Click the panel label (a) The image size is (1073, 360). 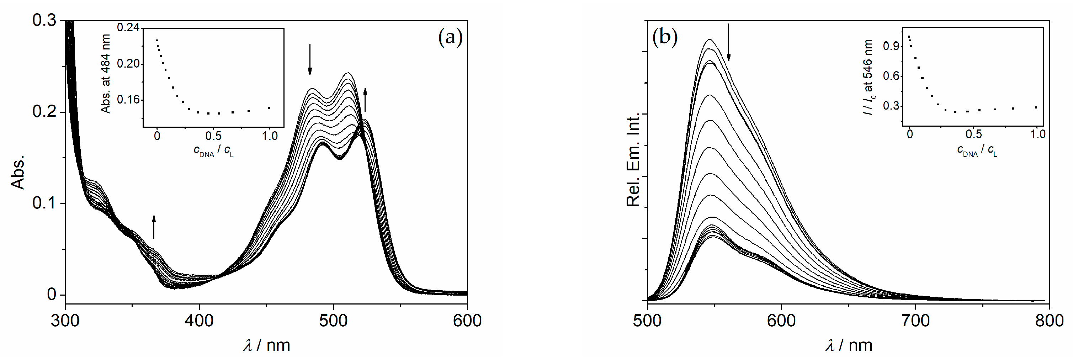450,38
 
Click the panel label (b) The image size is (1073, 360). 665,37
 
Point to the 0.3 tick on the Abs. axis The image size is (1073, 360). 44,20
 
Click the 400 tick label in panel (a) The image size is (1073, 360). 199,321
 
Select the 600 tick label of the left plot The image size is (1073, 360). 467,321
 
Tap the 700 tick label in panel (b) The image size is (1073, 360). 915,321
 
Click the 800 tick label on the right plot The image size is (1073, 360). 1049,321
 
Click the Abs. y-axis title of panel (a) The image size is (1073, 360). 18,173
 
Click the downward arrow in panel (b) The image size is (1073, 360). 728,42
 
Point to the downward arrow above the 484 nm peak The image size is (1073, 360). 309,59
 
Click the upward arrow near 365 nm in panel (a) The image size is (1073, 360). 154,227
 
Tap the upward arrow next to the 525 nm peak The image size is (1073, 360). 365,100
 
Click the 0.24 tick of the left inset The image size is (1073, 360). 128,28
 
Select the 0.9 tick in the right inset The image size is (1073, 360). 890,46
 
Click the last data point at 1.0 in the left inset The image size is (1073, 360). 269,108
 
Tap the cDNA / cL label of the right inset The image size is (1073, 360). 977,150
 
